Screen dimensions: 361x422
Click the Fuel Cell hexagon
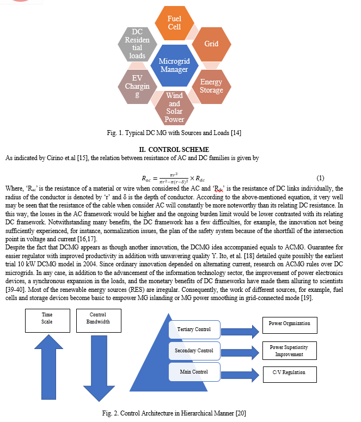(174, 23)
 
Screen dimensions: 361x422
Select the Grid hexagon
(211, 44)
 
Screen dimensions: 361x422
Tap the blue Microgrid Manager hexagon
(174, 65)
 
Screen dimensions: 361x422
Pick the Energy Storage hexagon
(211, 87)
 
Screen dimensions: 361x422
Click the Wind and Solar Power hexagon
(174, 108)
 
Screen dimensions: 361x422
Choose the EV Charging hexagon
(137, 87)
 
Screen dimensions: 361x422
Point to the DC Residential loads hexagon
(137, 44)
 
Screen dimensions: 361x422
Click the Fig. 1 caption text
(174, 133)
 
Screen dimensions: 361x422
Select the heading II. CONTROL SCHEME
(174, 149)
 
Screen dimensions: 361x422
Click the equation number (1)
(320, 178)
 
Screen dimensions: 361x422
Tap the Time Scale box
(48, 321)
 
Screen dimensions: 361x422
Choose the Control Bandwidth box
(99, 321)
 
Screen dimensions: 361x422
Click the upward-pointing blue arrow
(48, 367)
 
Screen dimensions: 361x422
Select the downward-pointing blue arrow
(99, 369)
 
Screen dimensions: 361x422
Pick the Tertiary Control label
(194, 329)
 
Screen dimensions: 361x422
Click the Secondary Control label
(194, 351)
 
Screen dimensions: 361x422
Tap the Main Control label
(194, 372)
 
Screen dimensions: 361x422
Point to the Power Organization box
(290, 326)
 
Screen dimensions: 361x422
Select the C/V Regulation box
(290, 375)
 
